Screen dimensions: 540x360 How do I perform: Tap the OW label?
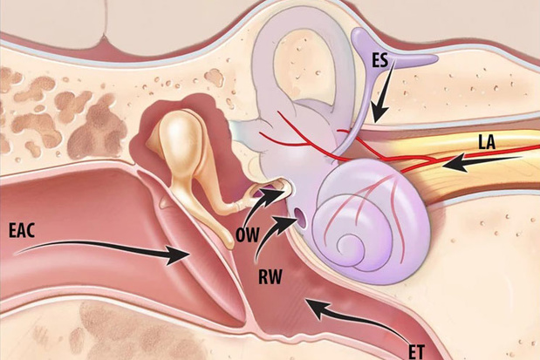[247, 235]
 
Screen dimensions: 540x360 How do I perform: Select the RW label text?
[270, 276]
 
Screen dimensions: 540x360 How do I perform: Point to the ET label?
[417, 352]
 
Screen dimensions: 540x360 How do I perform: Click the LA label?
[487, 142]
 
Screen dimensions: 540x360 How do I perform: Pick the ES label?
[379, 60]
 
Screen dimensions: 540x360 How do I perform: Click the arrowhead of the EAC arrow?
[178, 255]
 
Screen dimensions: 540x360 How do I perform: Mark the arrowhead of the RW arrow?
[284, 221]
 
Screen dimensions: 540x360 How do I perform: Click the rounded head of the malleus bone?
[178, 131]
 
